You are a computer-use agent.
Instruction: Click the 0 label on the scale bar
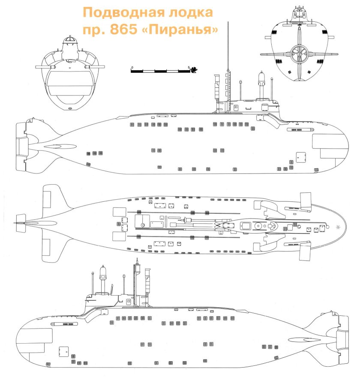pos(132,67)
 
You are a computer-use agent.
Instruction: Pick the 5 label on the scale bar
pos(189,67)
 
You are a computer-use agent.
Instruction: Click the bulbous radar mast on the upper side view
pos(261,80)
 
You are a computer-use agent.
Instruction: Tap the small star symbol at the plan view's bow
pos(339,227)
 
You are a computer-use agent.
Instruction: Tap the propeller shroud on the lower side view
pos(342,334)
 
